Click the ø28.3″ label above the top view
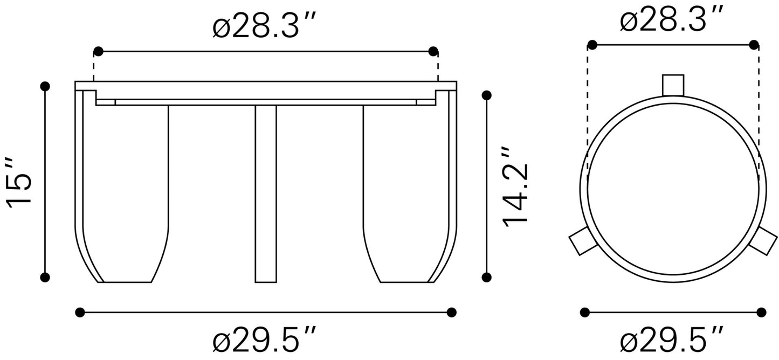672,19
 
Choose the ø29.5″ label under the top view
672,340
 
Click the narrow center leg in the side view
266,194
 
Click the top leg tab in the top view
673,85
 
